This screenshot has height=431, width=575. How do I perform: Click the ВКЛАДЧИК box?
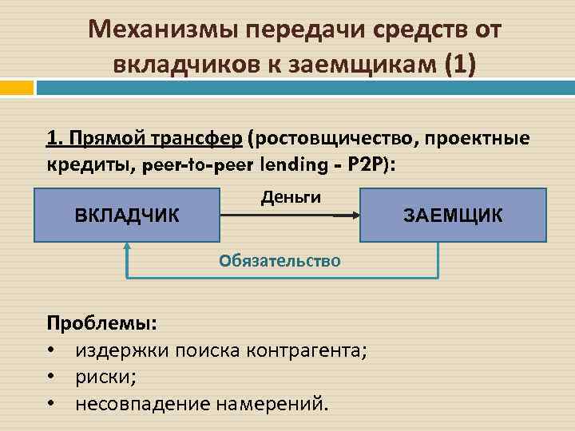127,215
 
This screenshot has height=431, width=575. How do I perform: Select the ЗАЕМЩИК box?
453,215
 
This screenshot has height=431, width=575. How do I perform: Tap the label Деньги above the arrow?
291,196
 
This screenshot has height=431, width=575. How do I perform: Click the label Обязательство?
280,260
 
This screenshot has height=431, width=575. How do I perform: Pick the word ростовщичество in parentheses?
331,139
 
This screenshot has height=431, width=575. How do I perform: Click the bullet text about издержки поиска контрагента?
221,350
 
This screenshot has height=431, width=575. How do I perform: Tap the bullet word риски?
105,376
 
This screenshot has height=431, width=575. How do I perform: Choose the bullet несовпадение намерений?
201,403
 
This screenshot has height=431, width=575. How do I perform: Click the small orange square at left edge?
16,87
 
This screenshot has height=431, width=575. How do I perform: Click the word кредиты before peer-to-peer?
89,165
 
